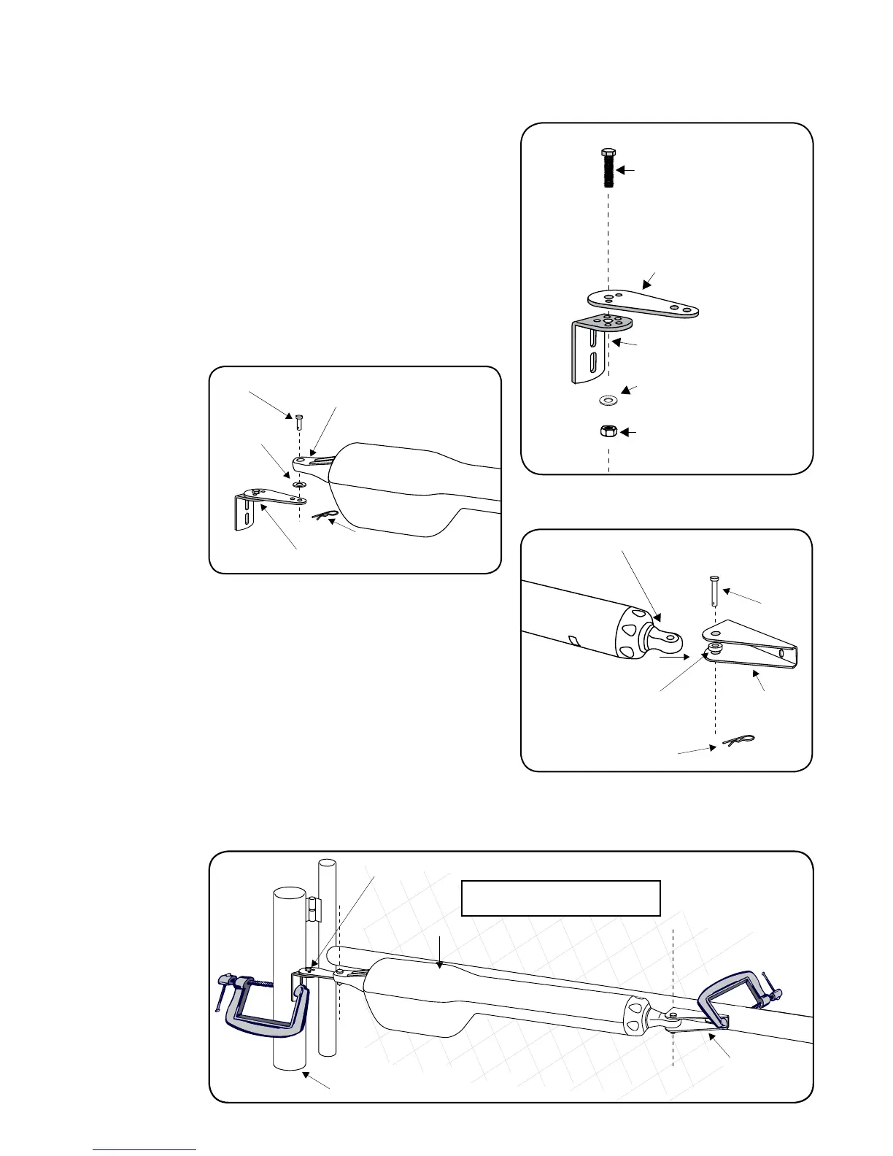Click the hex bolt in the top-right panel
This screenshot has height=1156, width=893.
click(x=608, y=168)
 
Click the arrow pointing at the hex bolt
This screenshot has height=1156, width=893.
click(x=627, y=170)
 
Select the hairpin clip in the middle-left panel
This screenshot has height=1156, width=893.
click(x=325, y=516)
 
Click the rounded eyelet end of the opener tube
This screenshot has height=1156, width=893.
click(x=665, y=640)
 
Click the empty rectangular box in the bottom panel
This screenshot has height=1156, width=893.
click(x=560, y=898)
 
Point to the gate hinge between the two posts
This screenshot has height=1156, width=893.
click(x=313, y=909)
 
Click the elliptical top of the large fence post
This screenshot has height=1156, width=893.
click(x=288, y=894)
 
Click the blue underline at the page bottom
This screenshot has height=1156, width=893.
click(x=144, y=1149)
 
